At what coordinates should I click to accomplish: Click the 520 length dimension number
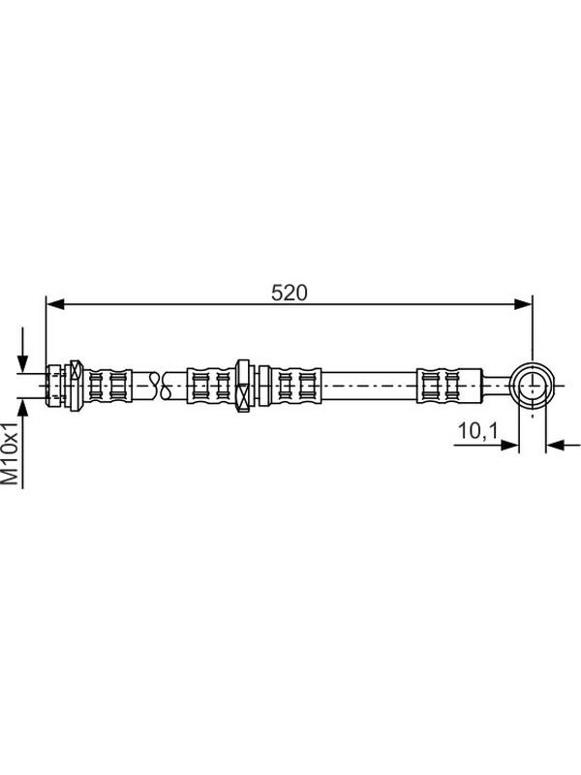(289, 293)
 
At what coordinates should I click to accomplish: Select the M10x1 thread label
(10, 452)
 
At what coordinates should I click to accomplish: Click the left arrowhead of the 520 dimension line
(55, 304)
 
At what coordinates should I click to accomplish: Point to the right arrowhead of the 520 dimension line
(523, 304)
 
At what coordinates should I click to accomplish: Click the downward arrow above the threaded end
(22, 350)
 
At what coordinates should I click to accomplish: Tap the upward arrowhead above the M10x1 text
(22, 409)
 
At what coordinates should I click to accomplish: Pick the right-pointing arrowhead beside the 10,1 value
(509, 445)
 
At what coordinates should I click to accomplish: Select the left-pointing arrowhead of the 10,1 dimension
(556, 445)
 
